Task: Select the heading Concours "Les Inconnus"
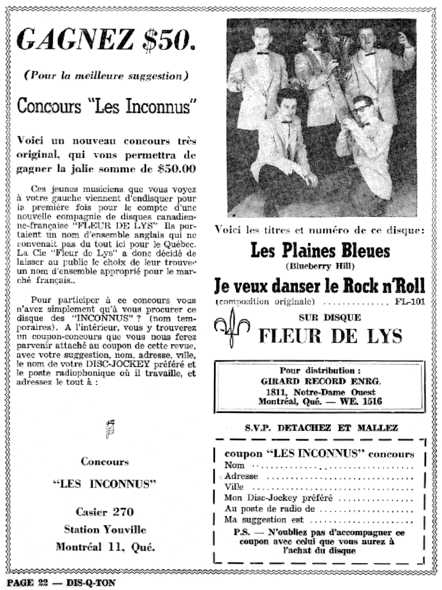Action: point(105,106)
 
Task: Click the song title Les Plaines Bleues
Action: point(320,250)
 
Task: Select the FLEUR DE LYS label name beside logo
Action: point(330,336)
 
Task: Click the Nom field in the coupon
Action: point(319,465)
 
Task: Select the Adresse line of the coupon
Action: point(319,476)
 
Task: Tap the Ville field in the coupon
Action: point(319,487)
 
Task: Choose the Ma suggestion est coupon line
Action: point(319,520)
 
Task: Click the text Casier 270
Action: point(105,512)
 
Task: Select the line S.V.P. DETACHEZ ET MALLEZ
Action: point(321,427)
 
